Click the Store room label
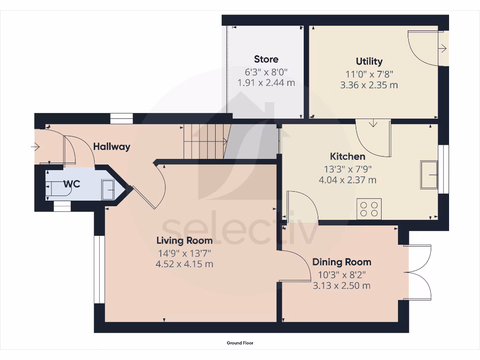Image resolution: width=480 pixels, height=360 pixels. tap(266, 59)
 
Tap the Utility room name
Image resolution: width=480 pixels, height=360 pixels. tap(369, 61)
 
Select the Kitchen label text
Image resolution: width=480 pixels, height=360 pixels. tap(347, 156)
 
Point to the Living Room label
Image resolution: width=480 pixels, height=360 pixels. tap(184, 240)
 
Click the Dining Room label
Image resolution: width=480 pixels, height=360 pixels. tap(342, 262)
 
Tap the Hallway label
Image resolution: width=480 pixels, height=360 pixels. tap(112, 147)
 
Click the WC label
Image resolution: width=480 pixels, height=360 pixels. tap(72, 184)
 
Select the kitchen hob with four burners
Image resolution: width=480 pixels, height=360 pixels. tap(369, 209)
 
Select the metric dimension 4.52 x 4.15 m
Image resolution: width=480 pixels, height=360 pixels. tap(184, 264)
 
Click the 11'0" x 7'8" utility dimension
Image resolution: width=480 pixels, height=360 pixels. tap(369, 74)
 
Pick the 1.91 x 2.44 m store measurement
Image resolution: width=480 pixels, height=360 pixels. tap(266, 83)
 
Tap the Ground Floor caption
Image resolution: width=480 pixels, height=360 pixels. tap(240, 343)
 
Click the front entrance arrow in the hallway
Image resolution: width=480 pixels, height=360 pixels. tap(36, 147)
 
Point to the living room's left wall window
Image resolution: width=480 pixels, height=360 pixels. tap(99, 270)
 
